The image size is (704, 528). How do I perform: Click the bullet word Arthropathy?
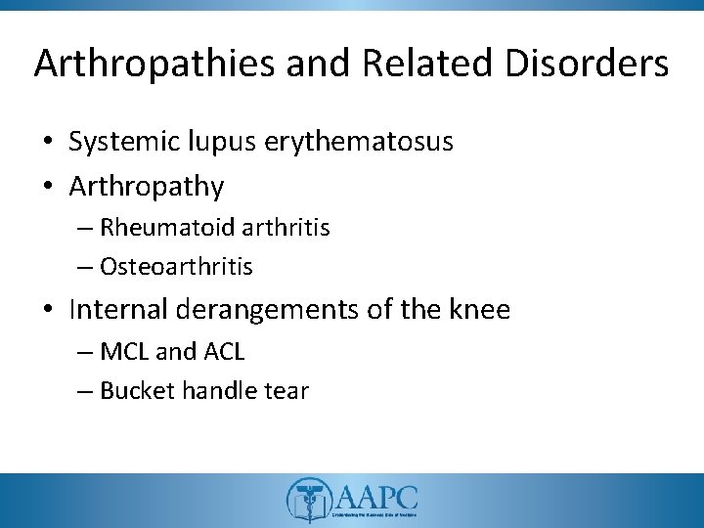(x=147, y=186)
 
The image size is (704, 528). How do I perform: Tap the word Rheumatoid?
(x=152, y=228)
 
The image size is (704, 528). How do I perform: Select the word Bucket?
(x=132, y=391)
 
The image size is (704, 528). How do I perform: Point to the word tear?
(x=284, y=391)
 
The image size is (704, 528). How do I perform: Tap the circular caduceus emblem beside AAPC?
(x=308, y=500)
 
